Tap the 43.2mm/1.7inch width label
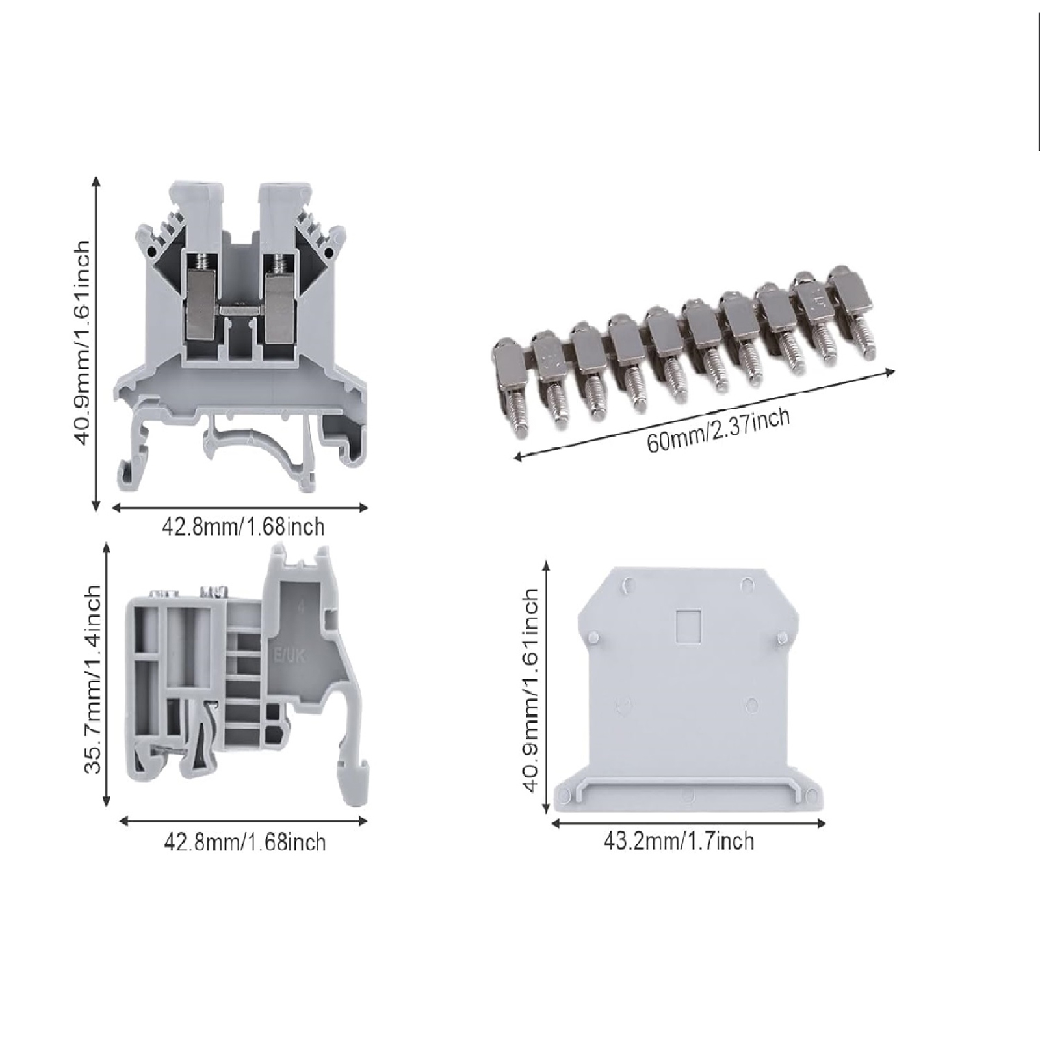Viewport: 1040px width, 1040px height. click(x=679, y=842)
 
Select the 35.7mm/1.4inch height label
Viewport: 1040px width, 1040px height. click(x=92, y=679)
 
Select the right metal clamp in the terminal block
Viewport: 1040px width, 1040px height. click(x=280, y=302)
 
